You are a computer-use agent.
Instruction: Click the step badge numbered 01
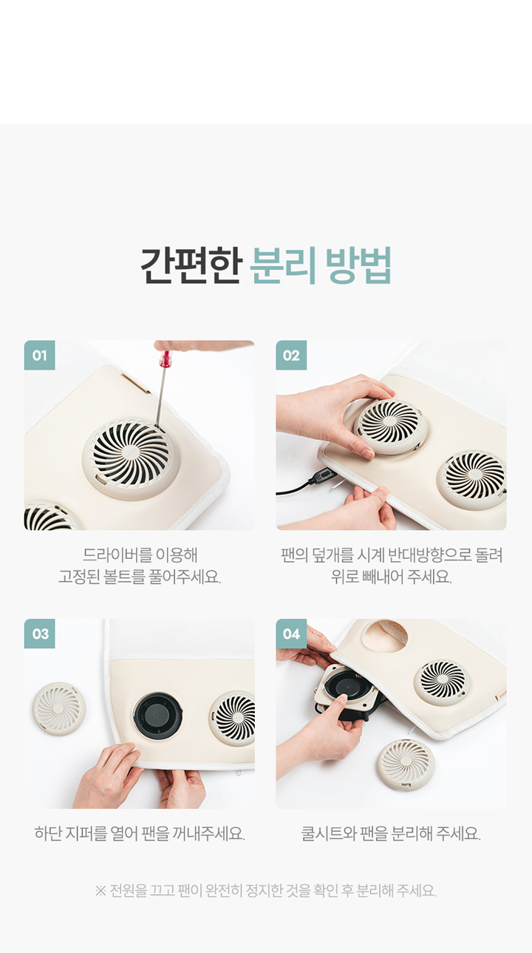tap(40, 355)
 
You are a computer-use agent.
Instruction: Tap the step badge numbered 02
tap(291, 355)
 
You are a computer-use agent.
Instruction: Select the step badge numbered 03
tap(40, 634)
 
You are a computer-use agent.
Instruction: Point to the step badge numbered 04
tap(291, 634)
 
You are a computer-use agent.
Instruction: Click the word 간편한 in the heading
tap(191, 265)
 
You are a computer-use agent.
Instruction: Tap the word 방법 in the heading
tap(358, 265)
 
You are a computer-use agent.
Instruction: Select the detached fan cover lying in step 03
tap(58, 708)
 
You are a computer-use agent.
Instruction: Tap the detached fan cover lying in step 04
tap(406, 765)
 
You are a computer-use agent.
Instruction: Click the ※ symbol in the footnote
tap(100, 890)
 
